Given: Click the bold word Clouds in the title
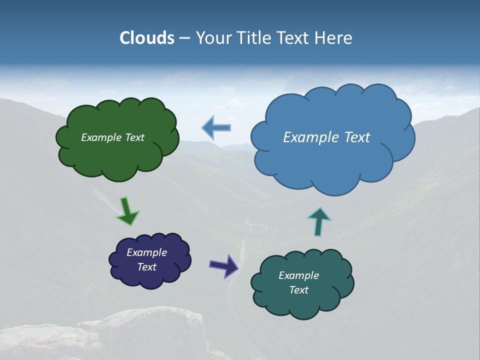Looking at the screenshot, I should [x=146, y=38].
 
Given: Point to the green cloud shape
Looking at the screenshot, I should [x=117, y=155].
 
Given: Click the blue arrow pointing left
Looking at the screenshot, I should [x=216, y=127].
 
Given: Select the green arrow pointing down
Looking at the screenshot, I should [x=127, y=210].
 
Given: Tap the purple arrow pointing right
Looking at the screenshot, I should [x=223, y=265].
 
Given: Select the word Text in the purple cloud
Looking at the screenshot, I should [x=147, y=267].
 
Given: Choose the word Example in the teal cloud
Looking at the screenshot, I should [x=298, y=275].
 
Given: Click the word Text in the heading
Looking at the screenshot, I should [x=295, y=38].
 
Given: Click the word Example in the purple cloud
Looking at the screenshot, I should [x=147, y=252].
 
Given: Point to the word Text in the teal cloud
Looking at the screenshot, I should [x=298, y=290].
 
